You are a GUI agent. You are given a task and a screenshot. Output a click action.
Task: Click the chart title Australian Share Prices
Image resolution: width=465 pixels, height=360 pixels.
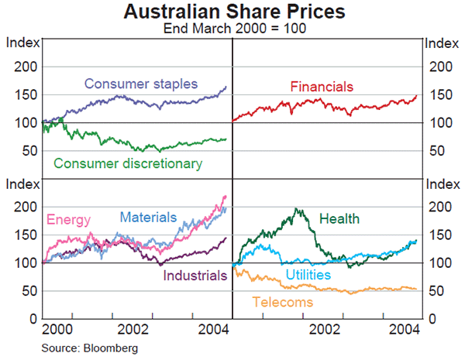pyautogui.click(x=232, y=12)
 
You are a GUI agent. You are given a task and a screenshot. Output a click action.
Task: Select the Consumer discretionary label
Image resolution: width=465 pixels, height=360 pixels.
pyautogui.click(x=128, y=163)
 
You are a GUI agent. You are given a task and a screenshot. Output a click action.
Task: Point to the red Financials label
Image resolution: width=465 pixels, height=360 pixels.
pyautogui.click(x=322, y=86)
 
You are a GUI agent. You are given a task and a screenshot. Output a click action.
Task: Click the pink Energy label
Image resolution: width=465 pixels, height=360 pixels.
pyautogui.click(x=69, y=220)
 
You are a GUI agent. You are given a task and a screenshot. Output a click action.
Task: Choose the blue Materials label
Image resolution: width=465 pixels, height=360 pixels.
pyautogui.click(x=148, y=218)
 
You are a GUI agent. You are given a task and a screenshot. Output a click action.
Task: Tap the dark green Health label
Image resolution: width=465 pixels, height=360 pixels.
pyautogui.click(x=339, y=219)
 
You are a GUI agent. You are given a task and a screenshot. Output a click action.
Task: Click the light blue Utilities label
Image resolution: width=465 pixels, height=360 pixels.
pyautogui.click(x=308, y=275)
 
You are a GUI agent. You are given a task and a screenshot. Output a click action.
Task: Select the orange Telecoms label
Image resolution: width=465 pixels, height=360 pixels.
pyautogui.click(x=283, y=302)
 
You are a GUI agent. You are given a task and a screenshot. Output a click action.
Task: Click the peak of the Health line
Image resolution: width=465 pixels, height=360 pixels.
pyautogui.click(x=297, y=208)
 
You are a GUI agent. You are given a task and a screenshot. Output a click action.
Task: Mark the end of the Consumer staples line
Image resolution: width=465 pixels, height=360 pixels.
pyautogui.click(x=226, y=87)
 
